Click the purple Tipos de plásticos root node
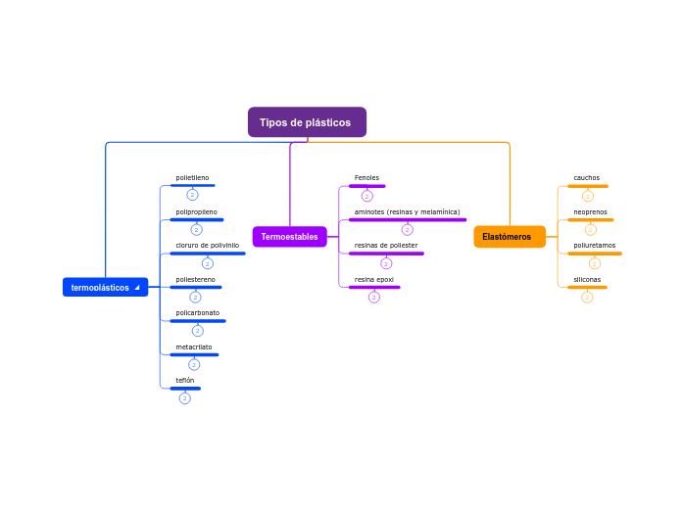coord(307,122)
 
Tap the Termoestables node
coord(289,237)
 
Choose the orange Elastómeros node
coord(509,237)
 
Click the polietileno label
coord(192,178)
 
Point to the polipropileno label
coord(196,211)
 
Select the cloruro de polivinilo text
coord(207,246)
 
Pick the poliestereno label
coord(195,279)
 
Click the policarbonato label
coord(197,313)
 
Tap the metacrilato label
coord(193,347)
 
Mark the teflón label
coord(184,380)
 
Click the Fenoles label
coord(366,178)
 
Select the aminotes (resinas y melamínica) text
coord(407,211)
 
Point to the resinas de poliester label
coord(385,246)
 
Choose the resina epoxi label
coord(373,279)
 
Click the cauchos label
coord(586,178)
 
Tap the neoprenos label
coord(590,211)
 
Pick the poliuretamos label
coord(594,246)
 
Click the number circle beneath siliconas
coord(587,298)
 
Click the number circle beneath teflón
coord(185,398)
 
